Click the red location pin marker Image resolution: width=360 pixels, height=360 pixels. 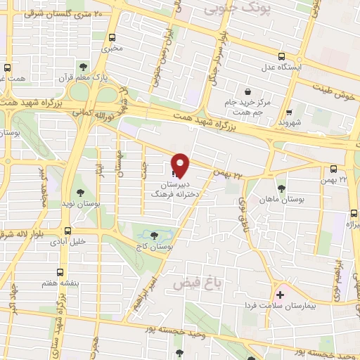(x=181, y=164)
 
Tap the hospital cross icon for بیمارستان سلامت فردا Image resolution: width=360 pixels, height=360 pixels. (x=281, y=294)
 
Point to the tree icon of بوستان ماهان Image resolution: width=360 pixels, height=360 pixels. (x=281, y=188)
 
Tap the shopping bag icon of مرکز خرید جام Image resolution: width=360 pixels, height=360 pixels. (x=247, y=91)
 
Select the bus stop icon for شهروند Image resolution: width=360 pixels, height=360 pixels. (x=288, y=111)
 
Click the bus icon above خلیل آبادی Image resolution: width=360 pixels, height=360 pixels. (x=67, y=230)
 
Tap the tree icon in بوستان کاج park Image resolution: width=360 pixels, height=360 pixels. (x=155, y=234)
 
